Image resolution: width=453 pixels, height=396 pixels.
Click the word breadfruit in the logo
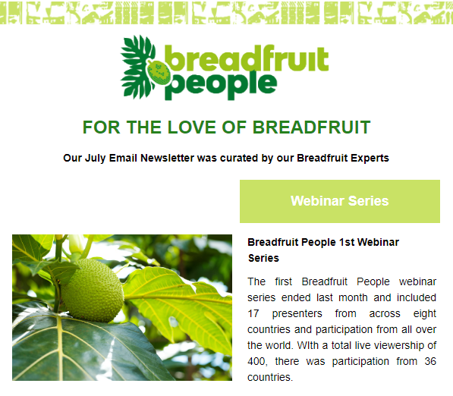tap(247, 58)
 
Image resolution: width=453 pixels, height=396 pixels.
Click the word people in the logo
tap(221, 85)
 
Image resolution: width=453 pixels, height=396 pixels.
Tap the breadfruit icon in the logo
tap(159, 72)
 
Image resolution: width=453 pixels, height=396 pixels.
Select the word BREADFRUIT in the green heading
tap(311, 127)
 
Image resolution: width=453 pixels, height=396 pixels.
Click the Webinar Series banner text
tap(339, 201)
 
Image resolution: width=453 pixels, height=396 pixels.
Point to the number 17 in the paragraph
tap(253, 313)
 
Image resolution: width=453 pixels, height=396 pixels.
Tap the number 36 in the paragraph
tap(430, 361)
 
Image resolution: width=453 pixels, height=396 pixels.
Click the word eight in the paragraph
tap(424, 314)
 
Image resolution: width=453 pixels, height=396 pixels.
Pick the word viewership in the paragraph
tap(394, 345)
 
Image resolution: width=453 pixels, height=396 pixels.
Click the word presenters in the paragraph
tap(297, 314)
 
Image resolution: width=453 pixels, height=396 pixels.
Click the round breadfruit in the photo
tap(93, 291)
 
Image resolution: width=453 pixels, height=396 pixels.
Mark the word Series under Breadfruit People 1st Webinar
tap(263, 258)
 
